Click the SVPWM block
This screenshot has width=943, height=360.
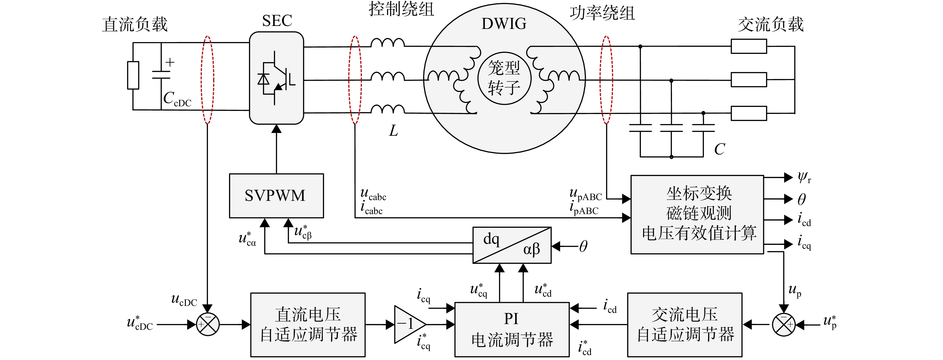[x=276, y=196]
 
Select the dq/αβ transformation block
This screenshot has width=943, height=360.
[x=512, y=245]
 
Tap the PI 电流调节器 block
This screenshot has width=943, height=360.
[x=512, y=329]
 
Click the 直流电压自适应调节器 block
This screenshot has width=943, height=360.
[x=308, y=325]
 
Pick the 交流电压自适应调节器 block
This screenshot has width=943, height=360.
[x=685, y=325]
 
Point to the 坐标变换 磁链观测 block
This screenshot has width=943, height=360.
[x=697, y=215]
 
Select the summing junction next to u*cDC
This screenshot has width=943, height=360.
[x=208, y=325]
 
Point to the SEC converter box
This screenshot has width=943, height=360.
[x=276, y=78]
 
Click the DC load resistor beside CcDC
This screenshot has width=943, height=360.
[x=133, y=75]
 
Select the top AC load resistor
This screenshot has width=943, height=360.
[x=749, y=46]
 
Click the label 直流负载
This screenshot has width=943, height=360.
[x=135, y=24]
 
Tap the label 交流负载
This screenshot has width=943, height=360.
[x=771, y=24]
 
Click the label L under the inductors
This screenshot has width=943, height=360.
[x=393, y=130]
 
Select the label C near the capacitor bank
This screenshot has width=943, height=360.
[x=719, y=149]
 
